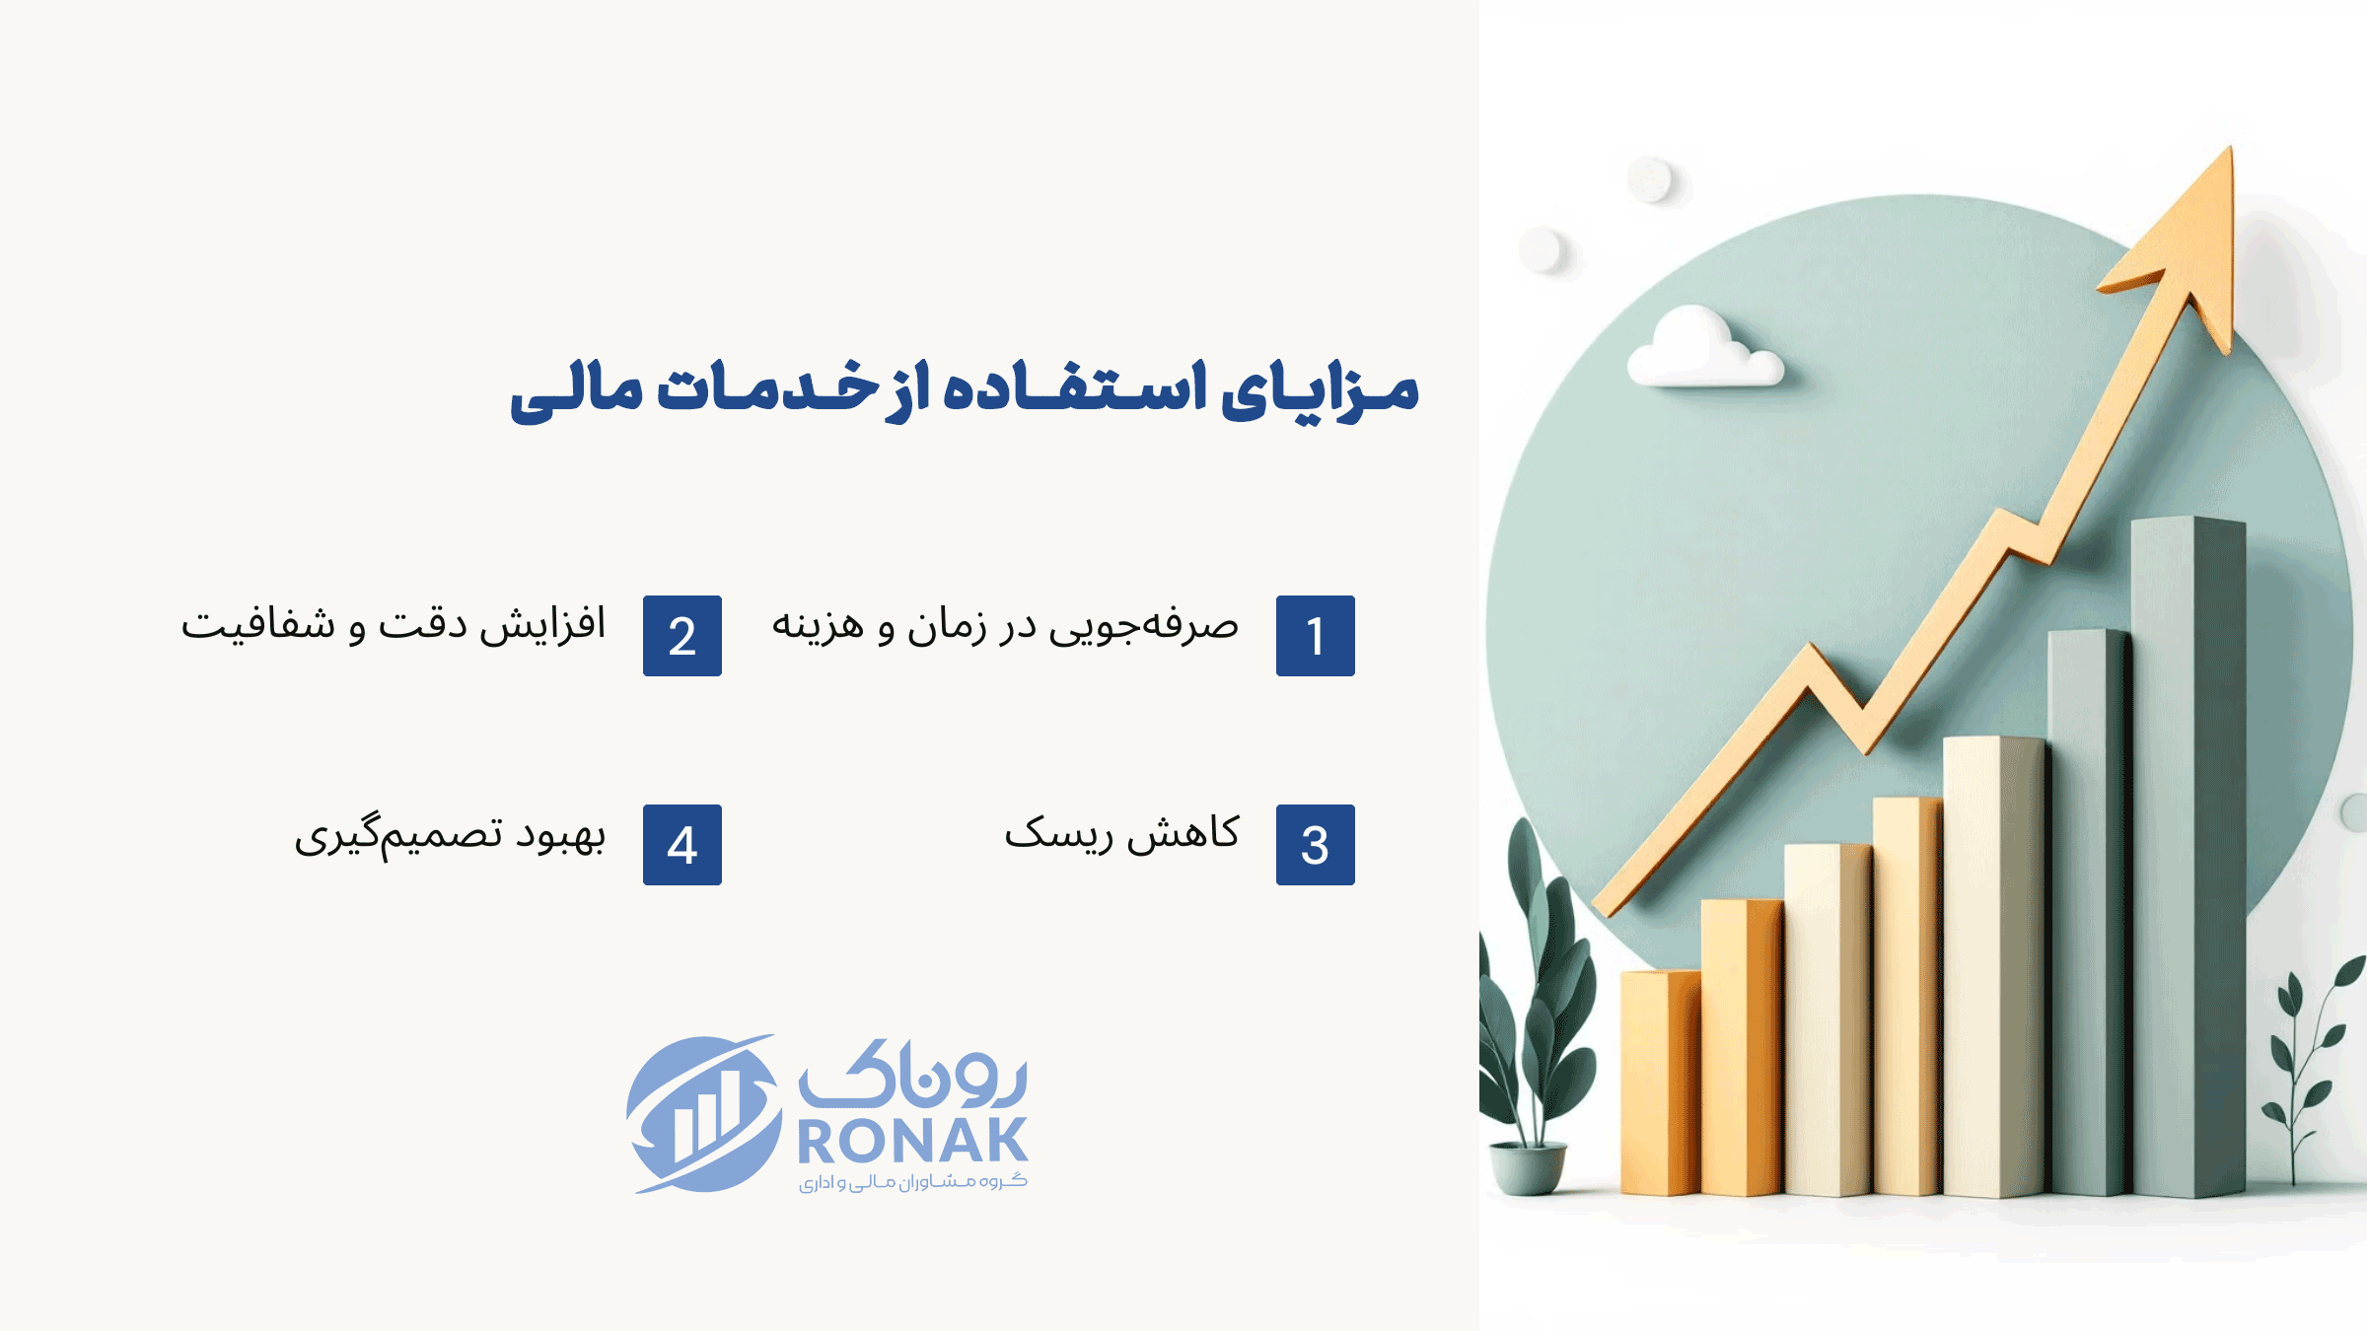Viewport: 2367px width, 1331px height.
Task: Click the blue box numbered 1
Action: [1315, 636]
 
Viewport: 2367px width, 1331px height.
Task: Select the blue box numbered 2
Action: [682, 636]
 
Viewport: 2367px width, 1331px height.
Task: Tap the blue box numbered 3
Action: [1315, 845]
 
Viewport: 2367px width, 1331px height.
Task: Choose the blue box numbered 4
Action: [682, 845]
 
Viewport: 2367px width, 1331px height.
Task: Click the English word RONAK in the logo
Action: [912, 1141]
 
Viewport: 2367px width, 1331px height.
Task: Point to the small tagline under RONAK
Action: [912, 1181]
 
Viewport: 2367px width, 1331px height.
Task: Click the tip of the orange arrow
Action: [2230, 148]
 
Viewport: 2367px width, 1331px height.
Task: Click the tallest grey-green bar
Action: [2188, 856]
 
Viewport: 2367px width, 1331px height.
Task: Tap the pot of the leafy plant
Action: [1528, 1167]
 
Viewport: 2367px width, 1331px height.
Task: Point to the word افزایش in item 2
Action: [542, 625]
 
